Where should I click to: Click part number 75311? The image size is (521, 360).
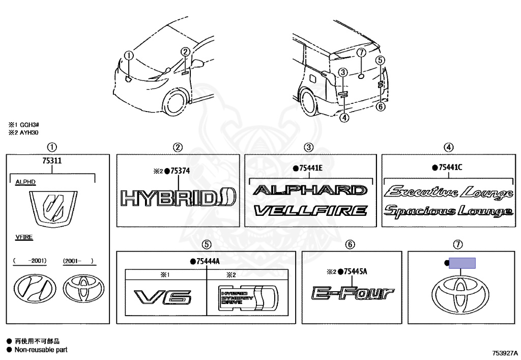coord(52,161)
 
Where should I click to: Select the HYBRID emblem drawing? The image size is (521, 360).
coord(178,197)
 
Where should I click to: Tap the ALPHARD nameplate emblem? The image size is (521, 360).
coord(310,190)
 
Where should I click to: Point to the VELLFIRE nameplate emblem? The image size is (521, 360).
coord(310,210)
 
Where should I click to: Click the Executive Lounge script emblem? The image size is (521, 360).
coord(448,192)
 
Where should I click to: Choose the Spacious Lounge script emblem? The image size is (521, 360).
coord(448,211)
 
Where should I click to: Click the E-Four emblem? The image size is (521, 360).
coord(353,293)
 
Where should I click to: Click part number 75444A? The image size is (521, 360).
coord(208,261)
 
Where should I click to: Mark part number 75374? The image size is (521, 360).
coord(180,171)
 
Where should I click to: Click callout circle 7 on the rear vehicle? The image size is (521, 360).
coord(361,53)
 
